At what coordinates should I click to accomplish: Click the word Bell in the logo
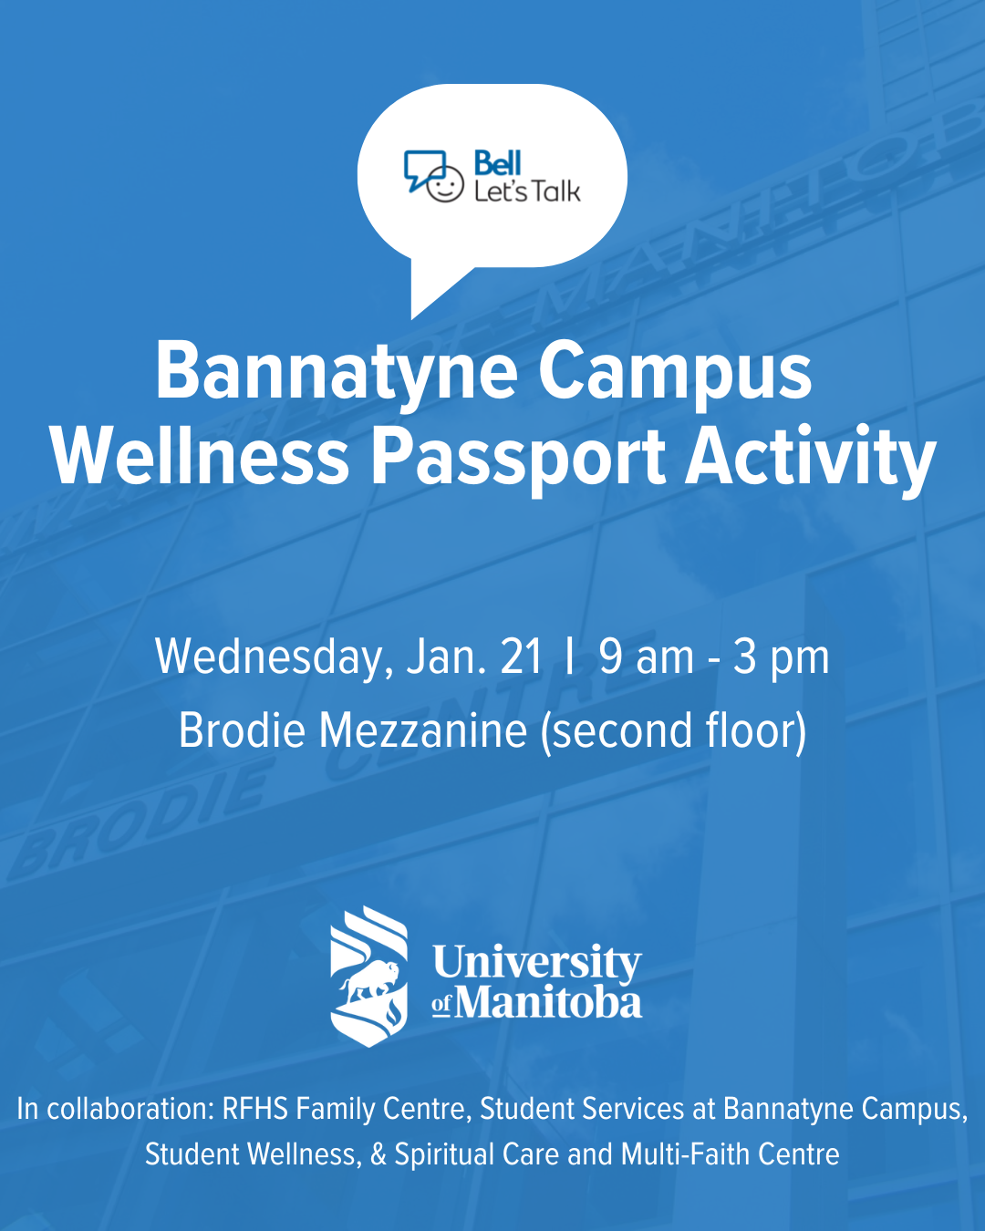[x=497, y=163]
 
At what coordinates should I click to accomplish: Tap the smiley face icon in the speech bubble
[x=444, y=184]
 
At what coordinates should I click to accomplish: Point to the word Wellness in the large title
[x=201, y=456]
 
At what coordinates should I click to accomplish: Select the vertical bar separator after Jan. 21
[x=568, y=657]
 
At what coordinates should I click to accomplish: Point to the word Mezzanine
[x=422, y=730]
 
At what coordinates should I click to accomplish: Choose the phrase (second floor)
[x=673, y=732]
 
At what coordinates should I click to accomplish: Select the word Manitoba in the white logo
[x=548, y=1004]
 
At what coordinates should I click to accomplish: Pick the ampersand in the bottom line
[x=378, y=1153]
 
